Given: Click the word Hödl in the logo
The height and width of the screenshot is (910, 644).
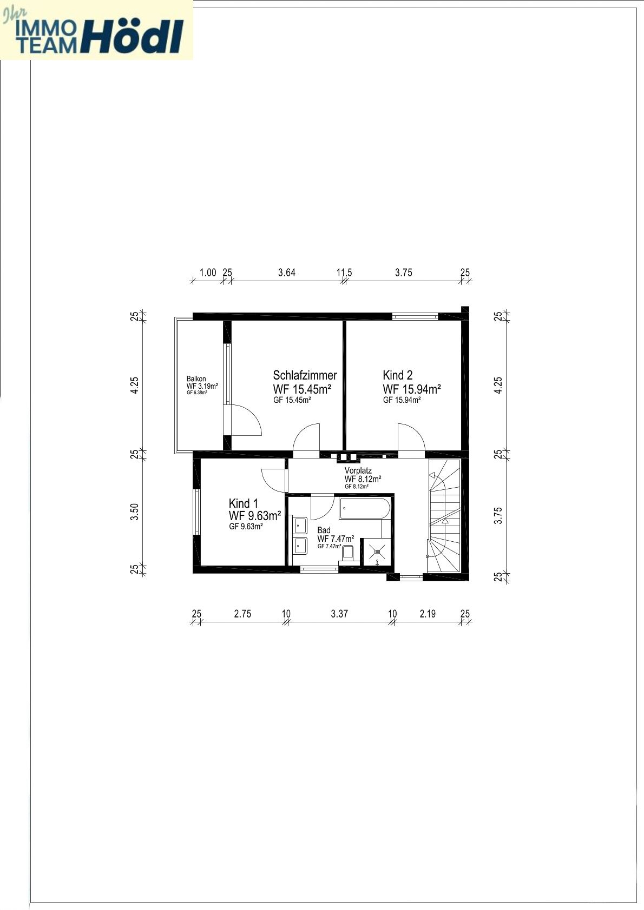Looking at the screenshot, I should pos(133,37).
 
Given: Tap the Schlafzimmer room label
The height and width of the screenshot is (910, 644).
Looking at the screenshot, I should pos(305,375).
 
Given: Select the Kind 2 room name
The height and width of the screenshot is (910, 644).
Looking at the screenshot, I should pos(398,375).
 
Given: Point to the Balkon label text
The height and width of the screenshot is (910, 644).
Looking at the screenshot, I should pos(196,379).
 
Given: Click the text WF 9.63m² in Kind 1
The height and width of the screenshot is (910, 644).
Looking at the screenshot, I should pos(255,515).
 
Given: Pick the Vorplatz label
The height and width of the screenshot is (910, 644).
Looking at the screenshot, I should pos(358,471).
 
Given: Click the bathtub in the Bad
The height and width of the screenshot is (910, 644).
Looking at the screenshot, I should pos(364,509).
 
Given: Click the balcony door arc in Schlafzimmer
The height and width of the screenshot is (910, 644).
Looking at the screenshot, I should pos(247,419).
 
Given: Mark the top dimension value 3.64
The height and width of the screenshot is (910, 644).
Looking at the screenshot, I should pos(287,273).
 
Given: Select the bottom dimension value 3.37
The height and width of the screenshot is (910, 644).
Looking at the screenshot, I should pos(339,614).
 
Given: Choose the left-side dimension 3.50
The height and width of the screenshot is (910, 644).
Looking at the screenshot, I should pos(136,512).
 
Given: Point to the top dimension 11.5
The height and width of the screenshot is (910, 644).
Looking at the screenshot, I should pos(344,273).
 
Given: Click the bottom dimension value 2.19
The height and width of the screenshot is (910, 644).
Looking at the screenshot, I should pos(428,614).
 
